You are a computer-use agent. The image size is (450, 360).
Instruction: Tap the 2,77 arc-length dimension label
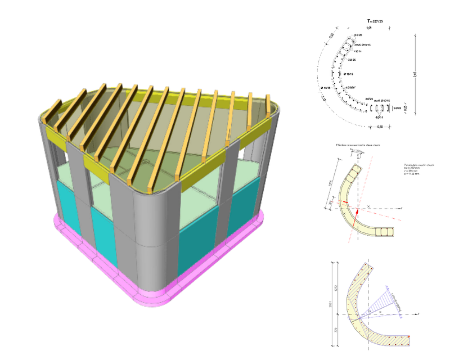coord(325,99)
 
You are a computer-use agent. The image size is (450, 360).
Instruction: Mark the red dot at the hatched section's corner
coord(410,337)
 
